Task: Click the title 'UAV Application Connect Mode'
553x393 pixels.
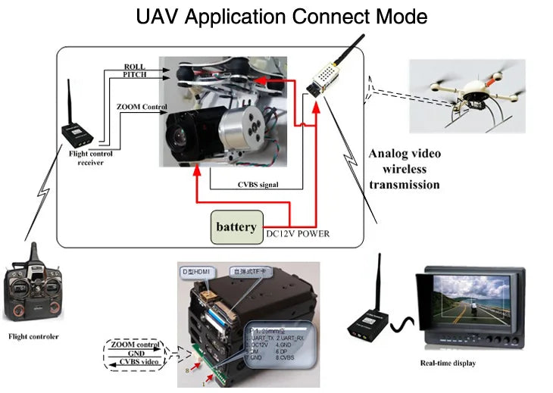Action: tap(282, 16)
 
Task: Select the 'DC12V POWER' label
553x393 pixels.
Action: tap(298, 233)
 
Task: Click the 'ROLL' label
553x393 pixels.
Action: tap(134, 67)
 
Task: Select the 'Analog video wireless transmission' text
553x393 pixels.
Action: tap(404, 169)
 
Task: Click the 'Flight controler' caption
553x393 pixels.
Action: tap(33, 336)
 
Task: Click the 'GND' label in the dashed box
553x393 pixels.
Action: tap(136, 354)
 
